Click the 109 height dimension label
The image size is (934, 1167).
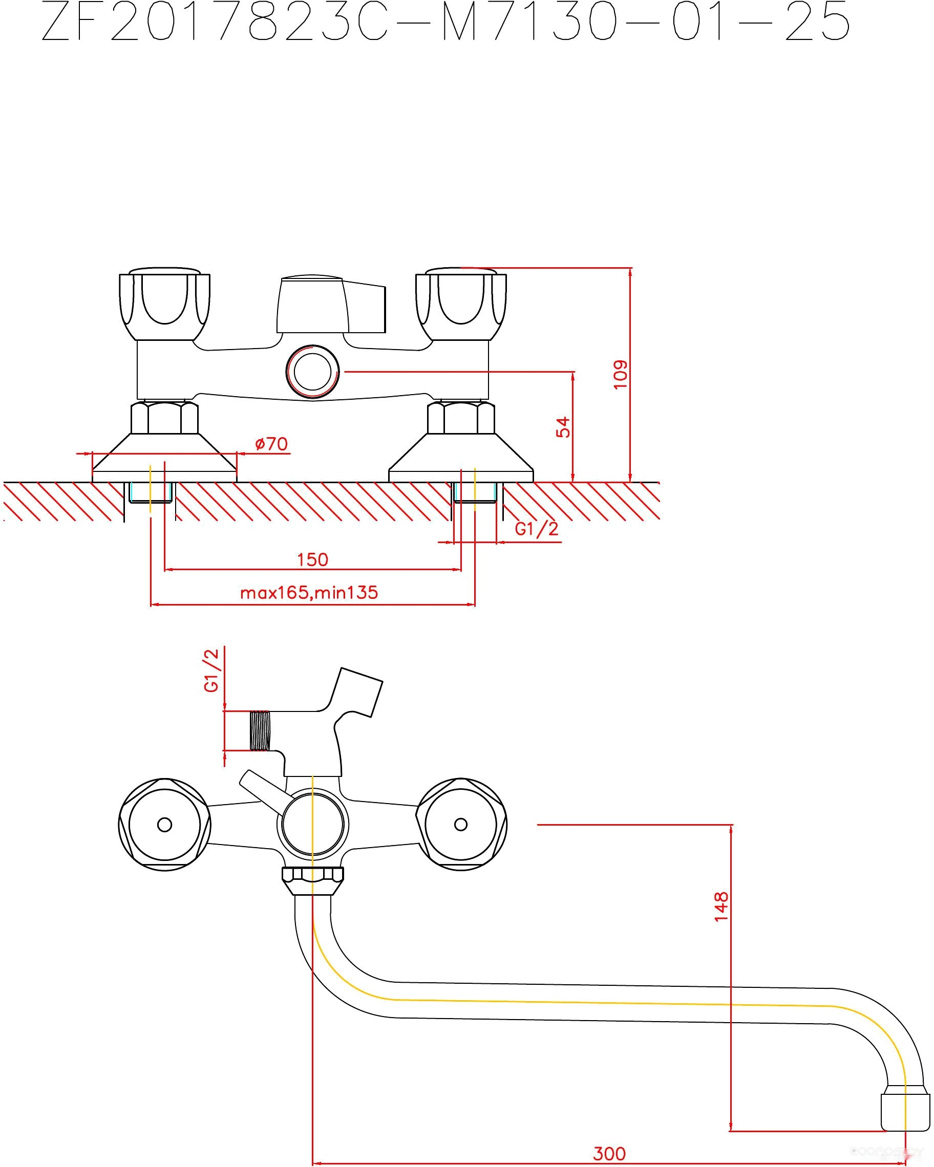(620, 374)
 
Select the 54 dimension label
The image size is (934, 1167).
(563, 427)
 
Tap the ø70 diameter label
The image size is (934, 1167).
(271, 444)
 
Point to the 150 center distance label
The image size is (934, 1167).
(312, 559)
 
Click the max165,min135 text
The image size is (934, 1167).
(309, 593)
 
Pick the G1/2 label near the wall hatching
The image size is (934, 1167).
(536, 528)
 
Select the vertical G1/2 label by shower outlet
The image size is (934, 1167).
(211, 670)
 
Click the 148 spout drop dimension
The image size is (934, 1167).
(720, 906)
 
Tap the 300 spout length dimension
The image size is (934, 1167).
(609, 1154)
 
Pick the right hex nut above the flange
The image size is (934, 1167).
(461, 418)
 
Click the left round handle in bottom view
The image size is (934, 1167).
(164, 825)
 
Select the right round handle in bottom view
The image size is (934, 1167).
(461, 825)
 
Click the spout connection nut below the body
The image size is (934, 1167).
(312, 881)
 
